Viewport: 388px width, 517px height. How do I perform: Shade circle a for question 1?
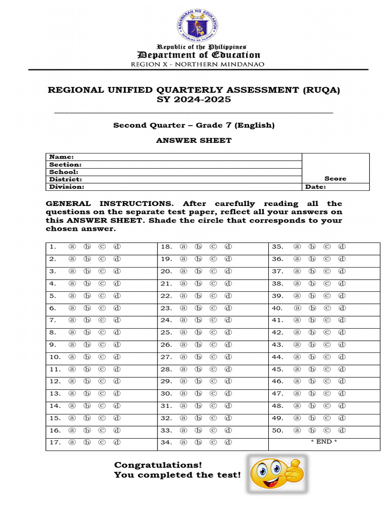pyautogui.click(x=72, y=247)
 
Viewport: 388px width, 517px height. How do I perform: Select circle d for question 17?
pyautogui.click(x=117, y=443)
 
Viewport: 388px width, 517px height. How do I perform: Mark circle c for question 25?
pyautogui.click(x=213, y=333)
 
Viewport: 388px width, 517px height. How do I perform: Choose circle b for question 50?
pyautogui.click(x=312, y=431)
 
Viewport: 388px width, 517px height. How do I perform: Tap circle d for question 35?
pyautogui.click(x=342, y=247)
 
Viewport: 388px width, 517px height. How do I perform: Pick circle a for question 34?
pyautogui.click(x=183, y=443)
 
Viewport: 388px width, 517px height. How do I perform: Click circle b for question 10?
pyautogui.click(x=87, y=357)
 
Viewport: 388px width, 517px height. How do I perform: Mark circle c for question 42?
pyautogui.click(x=327, y=333)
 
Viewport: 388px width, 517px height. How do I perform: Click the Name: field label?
pyautogui.click(x=61, y=157)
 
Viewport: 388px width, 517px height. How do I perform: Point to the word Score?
pyautogui.click(x=335, y=179)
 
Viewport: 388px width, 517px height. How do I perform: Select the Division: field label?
pyautogui.click(x=66, y=187)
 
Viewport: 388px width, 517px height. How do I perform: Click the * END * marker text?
pyautogui.click(x=324, y=442)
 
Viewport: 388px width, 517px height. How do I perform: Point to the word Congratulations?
pyautogui.click(x=158, y=464)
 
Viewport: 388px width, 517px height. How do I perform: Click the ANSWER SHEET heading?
pyautogui.click(x=193, y=140)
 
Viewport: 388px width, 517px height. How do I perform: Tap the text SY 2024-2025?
pyautogui.click(x=194, y=99)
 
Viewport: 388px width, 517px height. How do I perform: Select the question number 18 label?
pyautogui.click(x=167, y=247)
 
